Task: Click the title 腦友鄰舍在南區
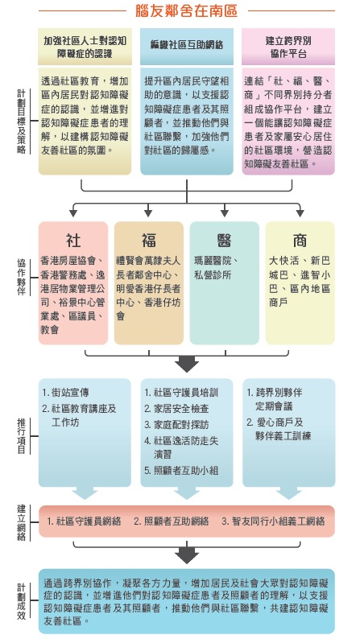tap(186, 10)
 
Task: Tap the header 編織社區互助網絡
tap(187, 45)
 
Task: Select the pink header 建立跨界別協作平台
tap(288, 47)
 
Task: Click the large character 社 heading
tap(73, 241)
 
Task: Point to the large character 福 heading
tap(149, 241)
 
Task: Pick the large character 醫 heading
tap(224, 241)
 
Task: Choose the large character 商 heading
tap(300, 241)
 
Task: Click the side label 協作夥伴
tap(22, 277)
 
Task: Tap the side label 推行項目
tap(22, 436)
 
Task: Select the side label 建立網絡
tap(22, 521)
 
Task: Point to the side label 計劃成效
tap(22, 601)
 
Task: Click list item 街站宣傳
tap(66, 393)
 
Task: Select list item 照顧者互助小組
tap(181, 471)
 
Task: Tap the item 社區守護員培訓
tap(181, 393)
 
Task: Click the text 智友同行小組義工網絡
tap(273, 521)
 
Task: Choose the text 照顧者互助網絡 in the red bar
tap(172, 521)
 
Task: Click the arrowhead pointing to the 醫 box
tap(224, 213)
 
